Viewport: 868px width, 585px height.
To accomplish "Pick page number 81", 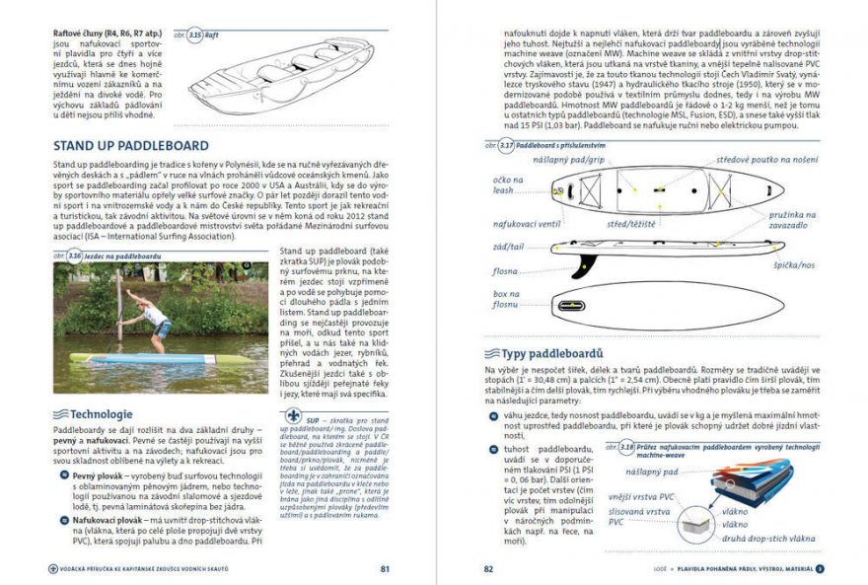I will coord(385,568).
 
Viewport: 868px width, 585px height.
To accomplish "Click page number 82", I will coord(487,568).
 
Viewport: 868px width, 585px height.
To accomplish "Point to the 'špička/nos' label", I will coord(791,265).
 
